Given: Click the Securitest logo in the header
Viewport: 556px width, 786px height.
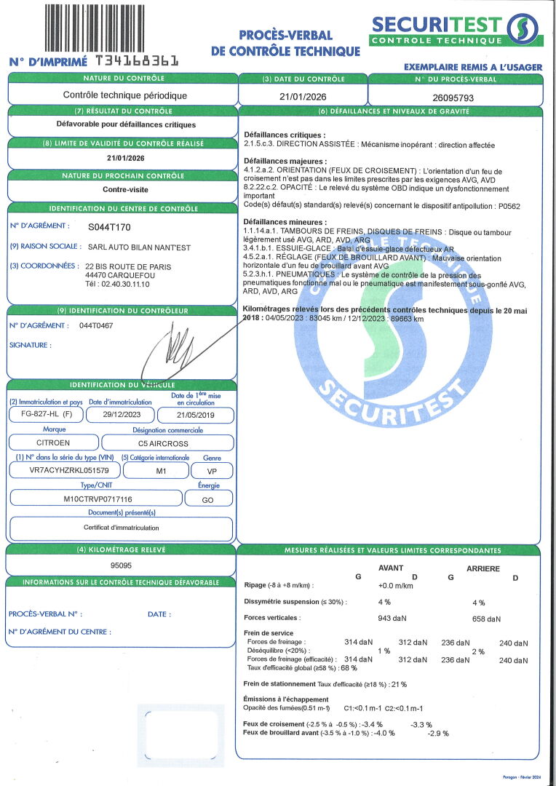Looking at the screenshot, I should tap(456, 30).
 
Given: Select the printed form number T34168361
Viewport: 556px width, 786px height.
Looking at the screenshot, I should tap(136, 61).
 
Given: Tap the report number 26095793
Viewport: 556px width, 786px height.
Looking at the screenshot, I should tap(455, 95).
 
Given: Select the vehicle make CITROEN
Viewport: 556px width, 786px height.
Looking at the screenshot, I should tap(53, 442).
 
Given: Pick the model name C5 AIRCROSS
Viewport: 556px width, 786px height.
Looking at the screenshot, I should tap(167, 442).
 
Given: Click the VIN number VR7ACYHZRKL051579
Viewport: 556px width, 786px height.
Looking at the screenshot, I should tap(64, 471).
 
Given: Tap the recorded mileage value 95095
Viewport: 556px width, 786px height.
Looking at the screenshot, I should tap(121, 565).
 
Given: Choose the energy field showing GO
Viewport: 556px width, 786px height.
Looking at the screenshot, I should tap(208, 499).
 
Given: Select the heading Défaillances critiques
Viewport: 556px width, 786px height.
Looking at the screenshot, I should tap(285, 135).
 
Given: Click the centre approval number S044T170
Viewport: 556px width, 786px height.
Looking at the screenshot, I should tap(109, 227).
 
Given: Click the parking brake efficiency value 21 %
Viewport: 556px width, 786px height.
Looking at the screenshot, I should tap(399, 684).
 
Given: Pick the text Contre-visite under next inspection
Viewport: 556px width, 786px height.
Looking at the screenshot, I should tap(121, 189).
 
